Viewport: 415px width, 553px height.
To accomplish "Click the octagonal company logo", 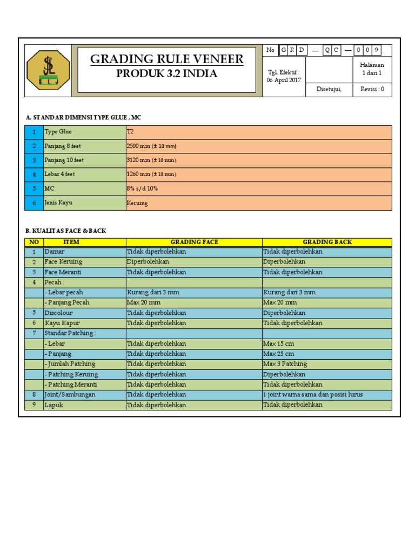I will (48, 70).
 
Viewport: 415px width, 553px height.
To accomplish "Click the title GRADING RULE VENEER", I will (166, 59).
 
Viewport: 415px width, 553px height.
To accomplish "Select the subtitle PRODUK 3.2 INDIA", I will (166, 74).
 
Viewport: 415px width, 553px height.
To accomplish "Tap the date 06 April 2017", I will (284, 80).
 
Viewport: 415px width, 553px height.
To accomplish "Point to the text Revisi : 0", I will (372, 90).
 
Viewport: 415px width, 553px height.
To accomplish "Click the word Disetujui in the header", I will (329, 90).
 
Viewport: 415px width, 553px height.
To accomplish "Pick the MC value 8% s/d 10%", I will (142, 188).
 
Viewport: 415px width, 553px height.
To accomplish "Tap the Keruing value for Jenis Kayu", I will (137, 203).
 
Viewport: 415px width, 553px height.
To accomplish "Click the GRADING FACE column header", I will (194, 242).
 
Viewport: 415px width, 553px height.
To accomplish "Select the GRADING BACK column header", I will (327, 242).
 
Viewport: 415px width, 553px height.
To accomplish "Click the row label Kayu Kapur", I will (62, 323).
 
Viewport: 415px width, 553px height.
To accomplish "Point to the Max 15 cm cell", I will (278, 343).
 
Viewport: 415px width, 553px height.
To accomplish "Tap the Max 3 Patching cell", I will (285, 364).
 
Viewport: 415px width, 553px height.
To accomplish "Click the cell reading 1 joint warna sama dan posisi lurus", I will (313, 395).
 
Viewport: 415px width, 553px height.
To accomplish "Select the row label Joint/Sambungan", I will (70, 395).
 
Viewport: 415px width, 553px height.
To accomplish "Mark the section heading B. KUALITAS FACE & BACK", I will (66, 231).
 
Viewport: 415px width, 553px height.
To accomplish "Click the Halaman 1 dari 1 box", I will (372, 69).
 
